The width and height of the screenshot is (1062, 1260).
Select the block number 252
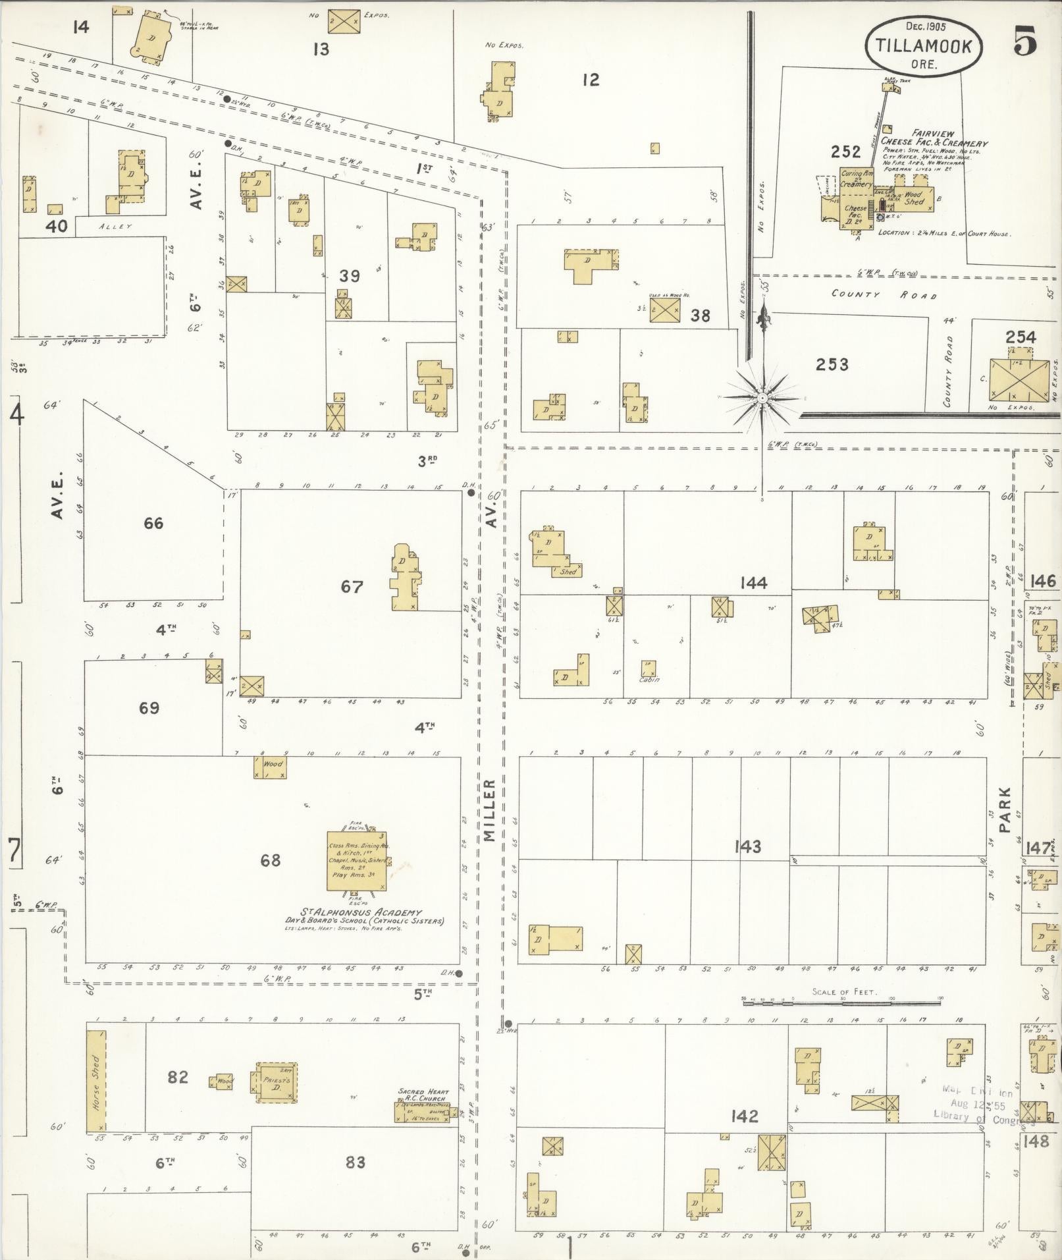coord(845,152)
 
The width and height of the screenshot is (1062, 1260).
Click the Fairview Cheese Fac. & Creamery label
coord(935,138)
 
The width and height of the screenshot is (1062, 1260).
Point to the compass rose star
coord(762,398)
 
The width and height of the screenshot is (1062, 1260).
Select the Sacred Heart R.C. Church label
coord(422,1095)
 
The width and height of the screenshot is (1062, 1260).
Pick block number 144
coord(753,583)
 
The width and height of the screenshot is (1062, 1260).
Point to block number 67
coord(352,586)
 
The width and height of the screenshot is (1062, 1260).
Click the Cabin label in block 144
coord(649,679)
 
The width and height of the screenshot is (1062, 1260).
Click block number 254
coord(1020,337)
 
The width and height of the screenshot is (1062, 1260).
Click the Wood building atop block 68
coord(271,767)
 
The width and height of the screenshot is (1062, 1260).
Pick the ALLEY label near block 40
coord(116,227)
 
